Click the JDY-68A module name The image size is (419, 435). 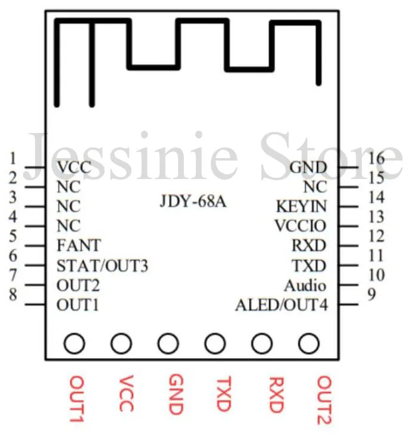[193, 201]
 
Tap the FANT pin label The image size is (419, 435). [79, 245]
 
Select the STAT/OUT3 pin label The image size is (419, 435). [102, 265]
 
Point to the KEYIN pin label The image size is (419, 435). [301, 206]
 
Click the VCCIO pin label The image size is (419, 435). [300, 226]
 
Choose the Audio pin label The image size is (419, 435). [305, 285]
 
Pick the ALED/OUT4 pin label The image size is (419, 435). [281, 305]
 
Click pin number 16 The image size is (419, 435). [376, 158]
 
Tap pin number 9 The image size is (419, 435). [372, 295]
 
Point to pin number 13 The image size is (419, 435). [376, 217]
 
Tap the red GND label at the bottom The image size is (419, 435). [175, 394]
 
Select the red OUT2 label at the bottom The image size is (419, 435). [324, 400]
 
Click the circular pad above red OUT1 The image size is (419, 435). [75, 344]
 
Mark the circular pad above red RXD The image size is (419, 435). [261, 344]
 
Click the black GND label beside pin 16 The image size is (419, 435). [308, 167]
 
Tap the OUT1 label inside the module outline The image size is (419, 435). [78, 305]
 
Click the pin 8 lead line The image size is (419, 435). [35, 305]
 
